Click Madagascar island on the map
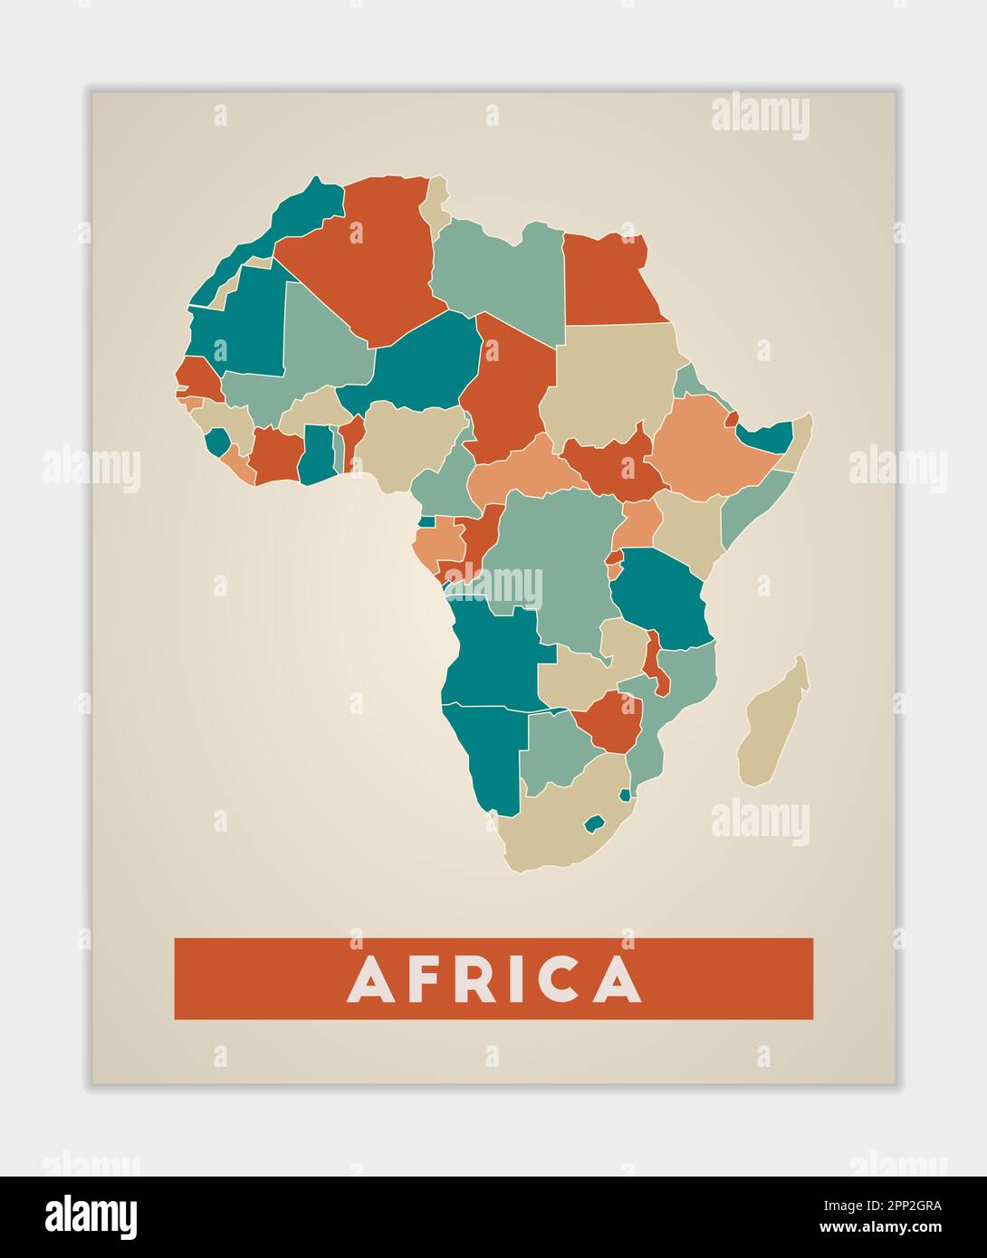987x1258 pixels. pos(771,724)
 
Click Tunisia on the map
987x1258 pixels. pos(437,206)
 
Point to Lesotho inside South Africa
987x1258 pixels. pos(594,824)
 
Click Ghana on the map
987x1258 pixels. pos(317,453)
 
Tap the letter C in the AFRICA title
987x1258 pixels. pos(561,979)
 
